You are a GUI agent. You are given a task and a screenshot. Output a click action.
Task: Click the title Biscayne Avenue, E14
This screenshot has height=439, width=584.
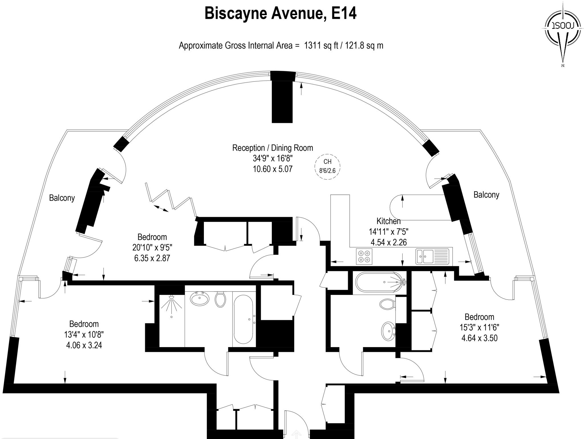(x=280, y=13)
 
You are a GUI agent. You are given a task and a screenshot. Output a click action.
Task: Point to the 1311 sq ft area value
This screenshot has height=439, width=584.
(x=321, y=46)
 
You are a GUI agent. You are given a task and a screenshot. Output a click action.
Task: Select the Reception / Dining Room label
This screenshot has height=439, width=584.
(x=273, y=148)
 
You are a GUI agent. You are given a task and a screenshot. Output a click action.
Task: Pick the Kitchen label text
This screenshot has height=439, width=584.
(x=388, y=221)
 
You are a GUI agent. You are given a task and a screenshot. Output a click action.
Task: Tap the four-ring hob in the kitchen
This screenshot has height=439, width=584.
(x=364, y=256)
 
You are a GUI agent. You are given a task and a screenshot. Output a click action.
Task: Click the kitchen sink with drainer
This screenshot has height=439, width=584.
(x=432, y=256)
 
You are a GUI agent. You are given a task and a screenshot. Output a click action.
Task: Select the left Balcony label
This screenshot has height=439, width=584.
(x=62, y=198)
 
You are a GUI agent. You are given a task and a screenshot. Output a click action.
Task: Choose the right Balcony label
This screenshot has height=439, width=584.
(x=486, y=195)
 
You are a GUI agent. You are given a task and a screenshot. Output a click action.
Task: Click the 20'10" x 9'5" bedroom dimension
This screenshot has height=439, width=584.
(x=152, y=247)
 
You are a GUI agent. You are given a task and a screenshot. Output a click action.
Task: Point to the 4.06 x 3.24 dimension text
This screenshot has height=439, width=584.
(x=84, y=345)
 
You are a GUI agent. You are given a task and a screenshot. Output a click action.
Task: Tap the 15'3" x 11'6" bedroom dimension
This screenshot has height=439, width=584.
(x=479, y=327)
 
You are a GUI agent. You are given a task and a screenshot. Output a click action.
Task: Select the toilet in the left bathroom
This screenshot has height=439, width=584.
(x=220, y=299)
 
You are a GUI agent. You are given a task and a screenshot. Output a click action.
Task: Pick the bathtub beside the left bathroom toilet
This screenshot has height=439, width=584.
(x=243, y=319)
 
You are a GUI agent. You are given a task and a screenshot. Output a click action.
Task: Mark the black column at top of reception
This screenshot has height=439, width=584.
(x=282, y=98)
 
